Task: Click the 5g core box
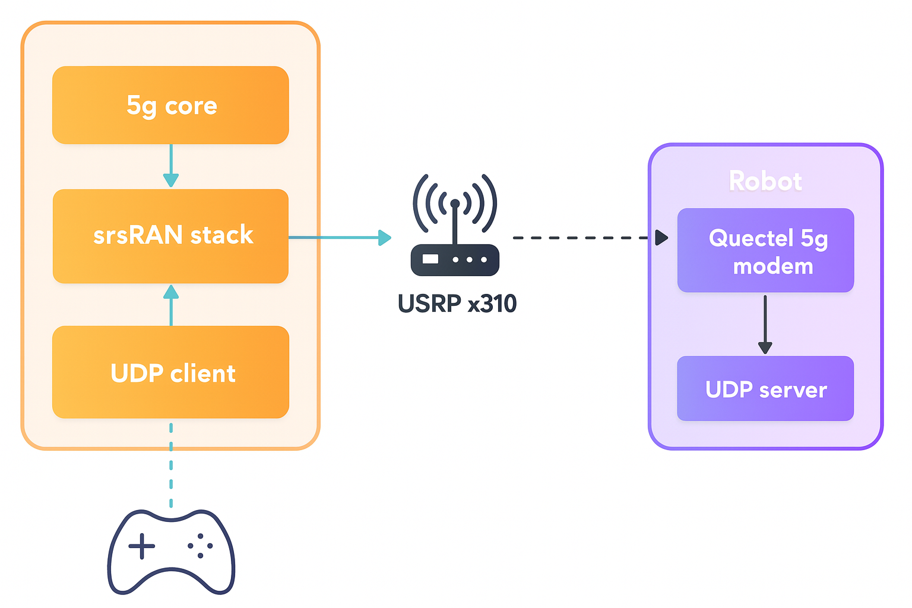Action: coord(170,105)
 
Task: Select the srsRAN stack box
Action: coord(170,236)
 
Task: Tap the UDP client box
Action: coord(170,372)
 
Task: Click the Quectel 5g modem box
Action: coord(765,251)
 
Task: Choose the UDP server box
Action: coord(765,389)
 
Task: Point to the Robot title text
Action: coord(765,181)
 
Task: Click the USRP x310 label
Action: coord(457,303)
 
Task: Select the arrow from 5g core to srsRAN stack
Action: coord(171,166)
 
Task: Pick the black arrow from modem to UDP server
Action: coord(765,324)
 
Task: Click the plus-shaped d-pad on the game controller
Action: coord(141,546)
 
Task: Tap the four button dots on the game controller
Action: coord(201,546)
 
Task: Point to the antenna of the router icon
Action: coord(455,223)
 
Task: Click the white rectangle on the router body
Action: coord(430,259)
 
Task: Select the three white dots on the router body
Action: coord(470,260)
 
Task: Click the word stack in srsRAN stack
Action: coord(221,236)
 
